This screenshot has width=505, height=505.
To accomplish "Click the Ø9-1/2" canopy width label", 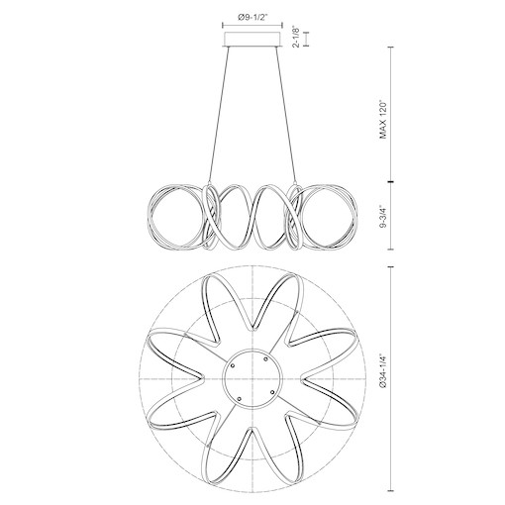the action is pos(252,18).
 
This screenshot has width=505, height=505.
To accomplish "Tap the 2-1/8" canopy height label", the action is pos(297,38).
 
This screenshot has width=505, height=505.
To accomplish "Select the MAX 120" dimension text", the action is pos(382,119).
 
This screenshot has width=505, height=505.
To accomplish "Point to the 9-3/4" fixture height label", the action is pos(382,217).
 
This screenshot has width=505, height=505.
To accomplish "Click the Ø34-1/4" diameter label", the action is pos(382,370).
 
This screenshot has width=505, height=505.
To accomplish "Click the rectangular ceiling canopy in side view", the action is pos(252,39).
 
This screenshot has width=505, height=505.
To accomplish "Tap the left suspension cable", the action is pos(218,114).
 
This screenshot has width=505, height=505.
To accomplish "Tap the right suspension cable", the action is pos(285,114).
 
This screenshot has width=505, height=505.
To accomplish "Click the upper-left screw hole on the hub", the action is pos(233,365).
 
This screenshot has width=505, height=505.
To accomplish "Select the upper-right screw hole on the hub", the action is pos(266,358).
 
